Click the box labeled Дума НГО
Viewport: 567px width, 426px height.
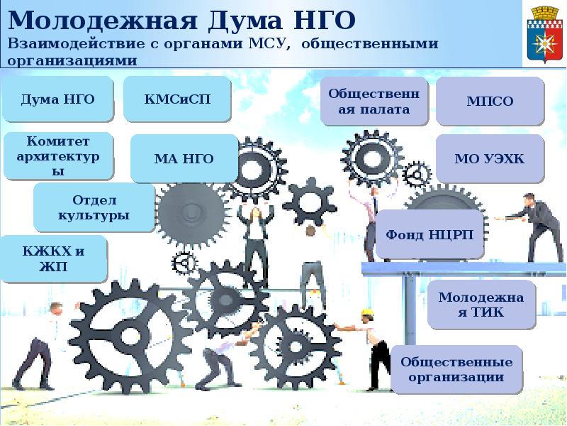pyautogui.click(x=57, y=99)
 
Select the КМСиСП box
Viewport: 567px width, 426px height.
pyautogui.click(x=177, y=99)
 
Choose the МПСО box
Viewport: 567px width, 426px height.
pyautogui.click(x=490, y=102)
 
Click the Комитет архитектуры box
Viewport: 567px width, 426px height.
pyautogui.click(x=57, y=155)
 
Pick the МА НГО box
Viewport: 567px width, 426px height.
pyautogui.click(x=184, y=158)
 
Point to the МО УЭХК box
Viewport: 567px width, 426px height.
pyautogui.click(x=490, y=158)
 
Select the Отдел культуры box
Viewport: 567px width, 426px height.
pyautogui.click(x=94, y=207)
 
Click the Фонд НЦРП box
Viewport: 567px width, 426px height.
pyautogui.click(x=430, y=234)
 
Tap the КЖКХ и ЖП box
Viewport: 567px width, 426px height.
pyautogui.click(x=53, y=258)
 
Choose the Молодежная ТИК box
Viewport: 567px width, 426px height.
pyautogui.click(x=481, y=305)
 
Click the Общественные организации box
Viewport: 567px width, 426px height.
pyautogui.click(x=456, y=368)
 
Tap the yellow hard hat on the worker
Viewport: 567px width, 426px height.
pyautogui.click(x=367, y=312)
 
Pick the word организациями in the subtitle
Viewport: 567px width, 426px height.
pyautogui.click(x=72, y=60)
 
